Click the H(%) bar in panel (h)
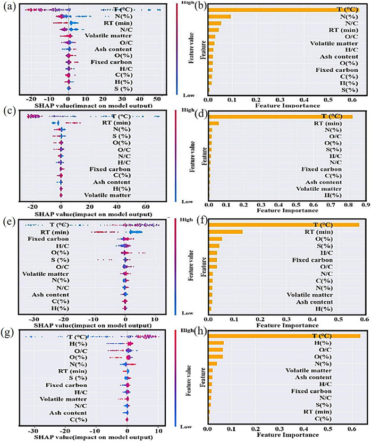[216, 343]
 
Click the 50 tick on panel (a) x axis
[158, 99]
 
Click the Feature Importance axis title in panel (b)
[279, 106]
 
